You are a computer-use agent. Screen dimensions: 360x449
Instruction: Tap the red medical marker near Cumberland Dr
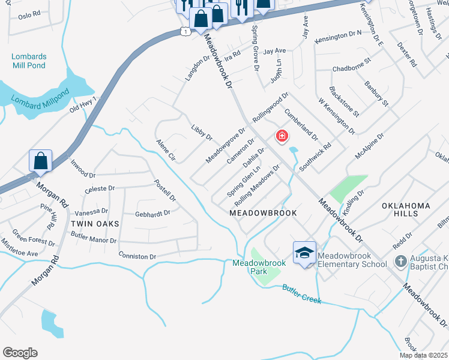point(281,136)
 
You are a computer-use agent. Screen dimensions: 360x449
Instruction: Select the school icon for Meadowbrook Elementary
point(304,253)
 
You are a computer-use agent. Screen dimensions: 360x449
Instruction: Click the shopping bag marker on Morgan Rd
point(40,161)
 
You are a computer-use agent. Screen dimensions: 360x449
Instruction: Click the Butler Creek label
point(302,294)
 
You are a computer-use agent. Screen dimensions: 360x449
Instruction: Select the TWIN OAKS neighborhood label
point(95,223)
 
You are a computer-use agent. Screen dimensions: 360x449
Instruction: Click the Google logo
point(20,353)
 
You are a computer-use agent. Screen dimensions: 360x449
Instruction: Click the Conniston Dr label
point(137,256)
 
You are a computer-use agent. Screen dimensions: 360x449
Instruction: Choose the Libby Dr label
point(202,133)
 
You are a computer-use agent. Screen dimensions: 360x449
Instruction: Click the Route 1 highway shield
point(187,31)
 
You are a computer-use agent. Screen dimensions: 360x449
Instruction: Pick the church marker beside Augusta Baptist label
point(400,262)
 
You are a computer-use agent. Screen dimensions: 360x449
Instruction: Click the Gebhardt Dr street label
point(152,212)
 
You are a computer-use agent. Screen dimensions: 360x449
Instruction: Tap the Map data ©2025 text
point(424,355)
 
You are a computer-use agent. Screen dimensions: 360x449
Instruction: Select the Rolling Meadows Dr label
point(257,184)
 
